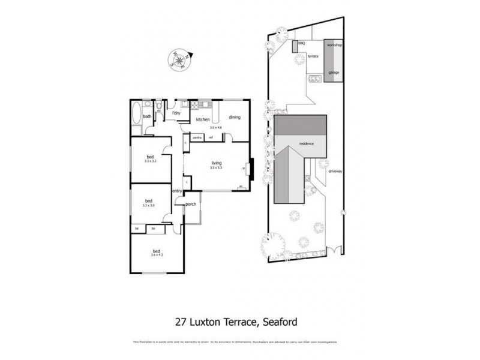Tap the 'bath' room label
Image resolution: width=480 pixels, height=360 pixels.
coord(147,116)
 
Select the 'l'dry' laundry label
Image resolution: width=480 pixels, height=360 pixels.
coord(176,113)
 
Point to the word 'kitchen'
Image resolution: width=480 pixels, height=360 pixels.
coord(202,119)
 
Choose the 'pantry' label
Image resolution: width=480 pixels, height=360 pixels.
coord(197,139)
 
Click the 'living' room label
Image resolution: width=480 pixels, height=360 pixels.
coord(217,163)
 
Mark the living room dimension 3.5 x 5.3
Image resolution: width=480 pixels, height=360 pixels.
coord(217,168)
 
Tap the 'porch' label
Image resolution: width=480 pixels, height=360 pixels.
coord(191,205)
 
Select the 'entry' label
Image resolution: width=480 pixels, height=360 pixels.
coord(177,191)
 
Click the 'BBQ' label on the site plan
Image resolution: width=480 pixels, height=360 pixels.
coord(301,44)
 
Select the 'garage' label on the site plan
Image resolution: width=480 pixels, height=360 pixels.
coord(333,73)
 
